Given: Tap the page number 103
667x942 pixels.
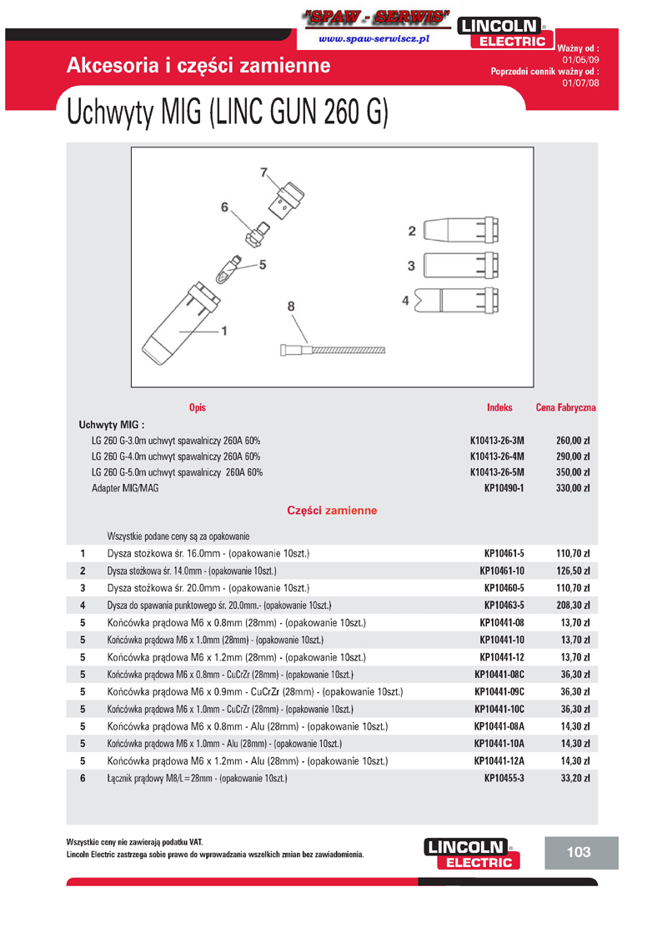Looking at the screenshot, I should click(x=578, y=852).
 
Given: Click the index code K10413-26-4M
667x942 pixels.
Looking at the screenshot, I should click(x=497, y=456).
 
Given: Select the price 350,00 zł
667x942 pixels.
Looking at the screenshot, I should click(x=573, y=472).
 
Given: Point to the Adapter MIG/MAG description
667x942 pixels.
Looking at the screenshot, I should click(x=125, y=488).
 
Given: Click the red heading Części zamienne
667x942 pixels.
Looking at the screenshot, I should click(x=332, y=511).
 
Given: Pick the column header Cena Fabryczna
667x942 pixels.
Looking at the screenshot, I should click(x=565, y=408).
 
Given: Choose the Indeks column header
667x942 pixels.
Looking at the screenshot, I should click(x=499, y=408).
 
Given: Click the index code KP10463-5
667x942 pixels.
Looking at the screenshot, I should click(x=504, y=605).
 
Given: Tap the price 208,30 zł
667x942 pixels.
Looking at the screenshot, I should click(x=573, y=605).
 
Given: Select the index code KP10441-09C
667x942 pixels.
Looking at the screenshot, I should click(x=499, y=691).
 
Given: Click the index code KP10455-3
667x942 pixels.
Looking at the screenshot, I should click(x=504, y=778).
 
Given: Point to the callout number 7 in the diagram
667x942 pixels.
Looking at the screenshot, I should click(x=264, y=173).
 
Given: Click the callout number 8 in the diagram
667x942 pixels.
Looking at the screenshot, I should click(x=291, y=307).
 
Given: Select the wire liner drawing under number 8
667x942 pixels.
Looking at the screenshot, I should click(x=333, y=350).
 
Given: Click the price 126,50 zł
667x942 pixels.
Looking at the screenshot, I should click(x=573, y=571).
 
